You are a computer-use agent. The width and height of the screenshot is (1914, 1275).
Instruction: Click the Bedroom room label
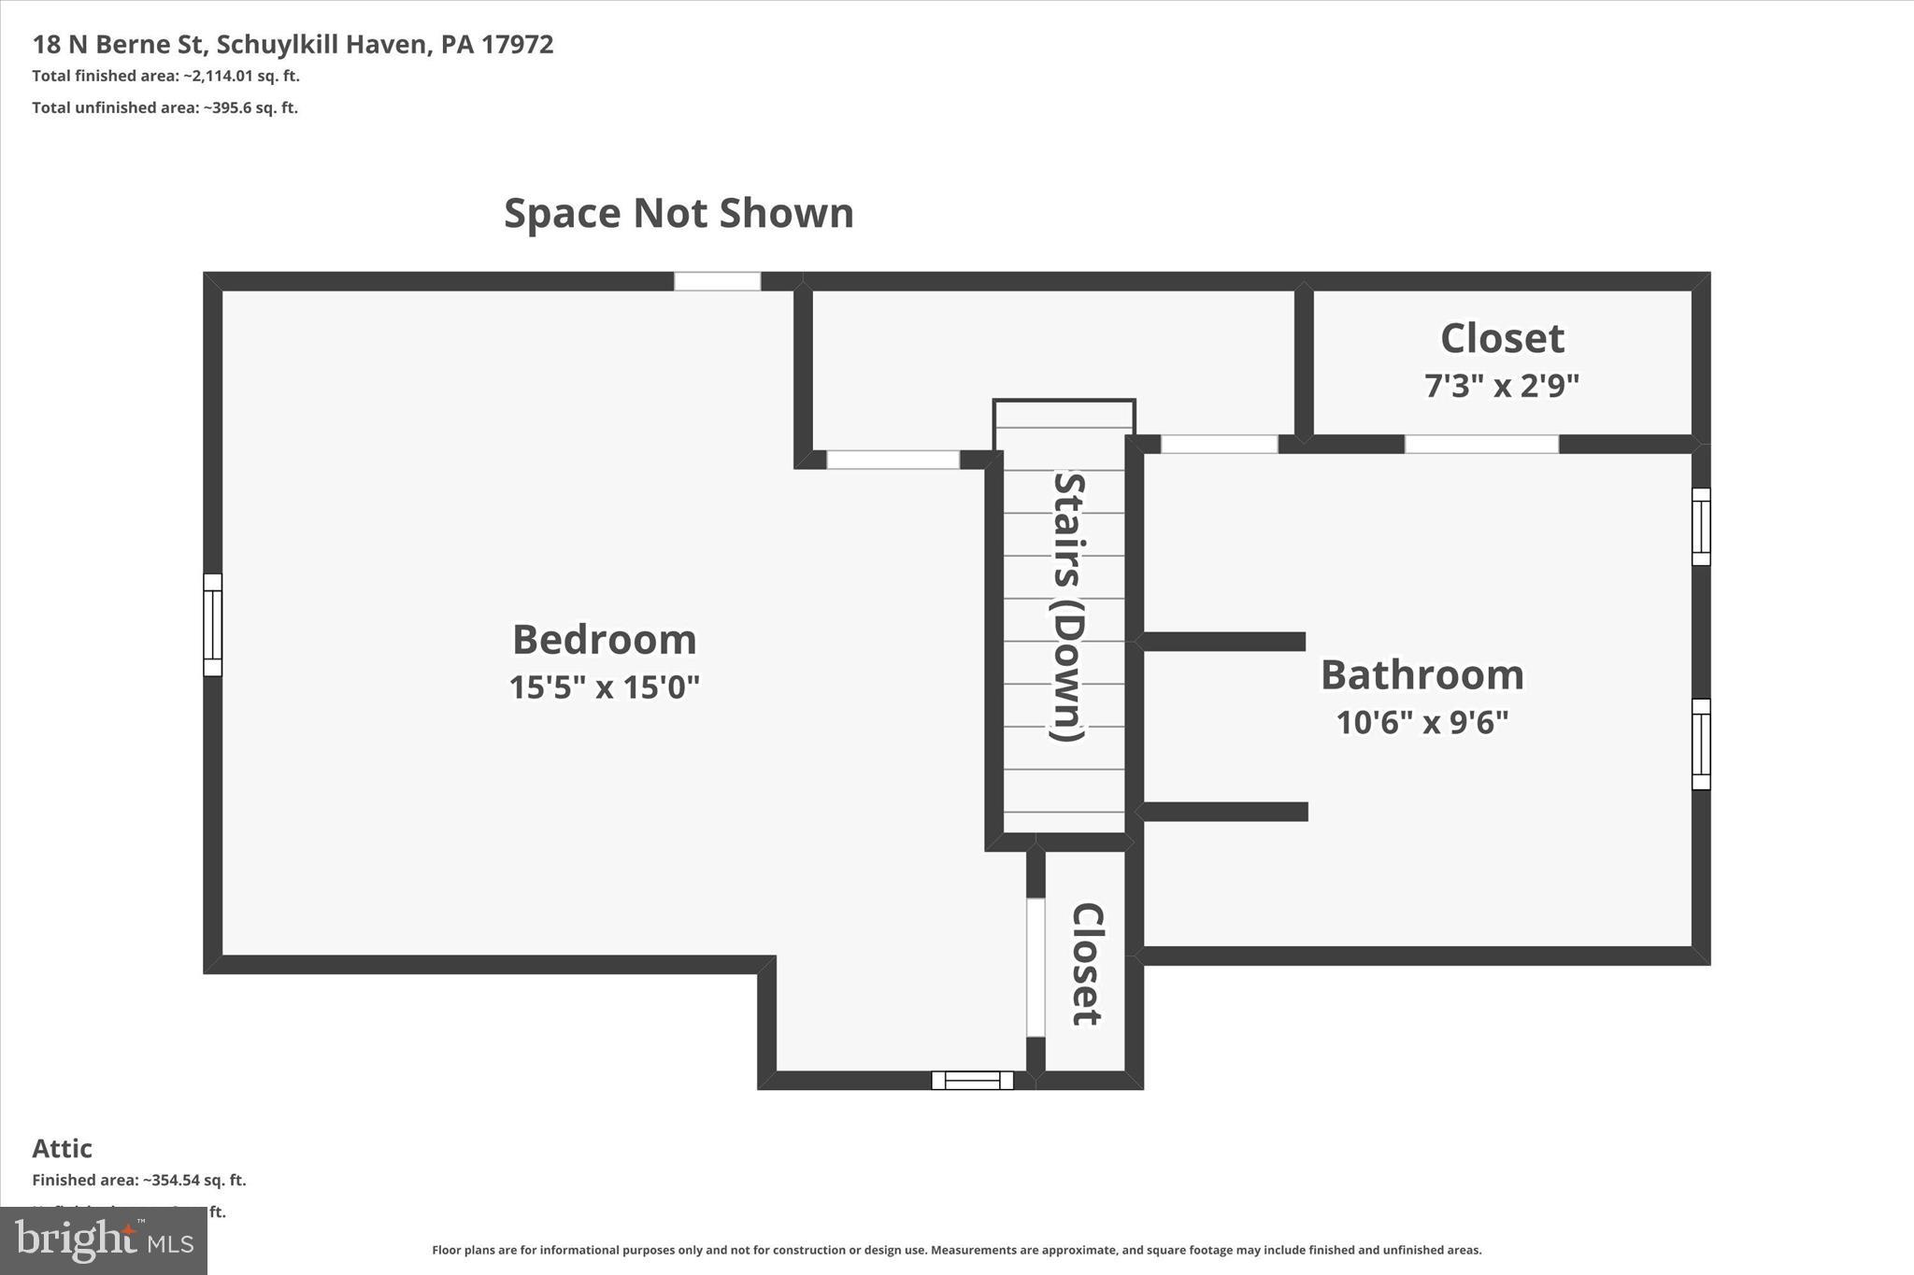tap(605, 640)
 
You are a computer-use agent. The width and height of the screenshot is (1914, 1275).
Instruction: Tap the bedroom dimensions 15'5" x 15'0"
tap(605, 687)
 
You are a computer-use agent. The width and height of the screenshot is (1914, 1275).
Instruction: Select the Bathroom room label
tap(1421, 674)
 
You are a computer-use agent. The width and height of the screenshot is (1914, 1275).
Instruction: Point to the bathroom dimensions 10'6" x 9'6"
tap(1421, 722)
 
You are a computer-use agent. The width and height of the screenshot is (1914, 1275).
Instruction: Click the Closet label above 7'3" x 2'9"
tap(1502, 338)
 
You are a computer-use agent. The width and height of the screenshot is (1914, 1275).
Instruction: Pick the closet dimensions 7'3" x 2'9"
tap(1502, 385)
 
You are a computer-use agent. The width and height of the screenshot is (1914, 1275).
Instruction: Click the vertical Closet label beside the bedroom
tap(1086, 964)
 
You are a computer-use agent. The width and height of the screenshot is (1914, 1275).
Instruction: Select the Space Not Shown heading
tap(678, 213)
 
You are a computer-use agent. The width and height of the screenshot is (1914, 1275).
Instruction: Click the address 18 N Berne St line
tap(293, 44)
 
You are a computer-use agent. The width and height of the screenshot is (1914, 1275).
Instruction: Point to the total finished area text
tap(165, 76)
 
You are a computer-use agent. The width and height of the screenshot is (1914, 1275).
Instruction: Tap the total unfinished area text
tap(164, 107)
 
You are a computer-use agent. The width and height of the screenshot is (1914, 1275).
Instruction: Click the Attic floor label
tap(62, 1148)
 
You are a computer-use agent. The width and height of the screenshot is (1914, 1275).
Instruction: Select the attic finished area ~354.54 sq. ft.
tap(139, 1180)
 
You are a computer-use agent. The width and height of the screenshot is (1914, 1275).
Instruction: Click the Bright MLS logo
tap(104, 1240)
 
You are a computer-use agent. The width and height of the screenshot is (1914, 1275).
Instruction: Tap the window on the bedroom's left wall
tap(213, 625)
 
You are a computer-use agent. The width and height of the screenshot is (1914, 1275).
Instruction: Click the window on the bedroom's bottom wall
tap(972, 1080)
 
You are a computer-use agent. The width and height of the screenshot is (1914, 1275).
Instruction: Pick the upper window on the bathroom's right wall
tap(1701, 527)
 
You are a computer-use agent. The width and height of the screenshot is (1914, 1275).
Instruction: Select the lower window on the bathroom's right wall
tap(1701, 744)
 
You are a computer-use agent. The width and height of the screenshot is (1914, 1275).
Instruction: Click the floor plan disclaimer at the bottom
tap(956, 1250)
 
